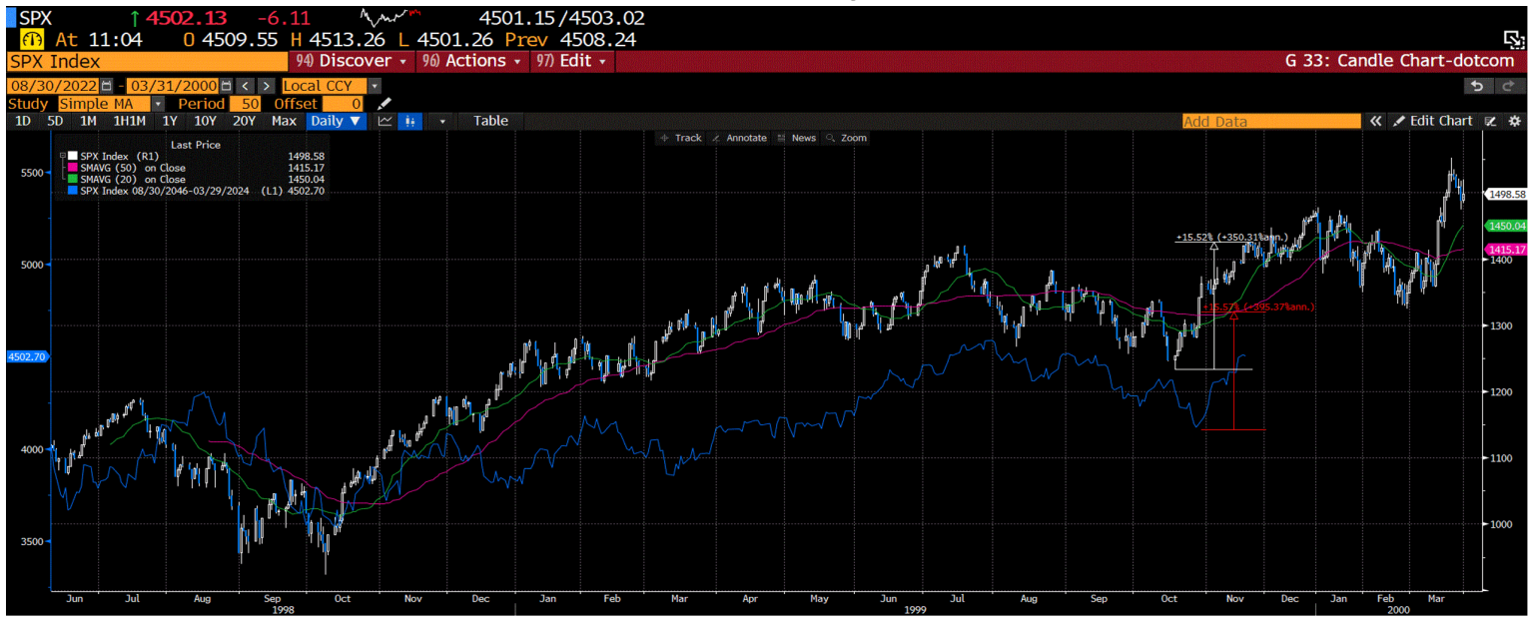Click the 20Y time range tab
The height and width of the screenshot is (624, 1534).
click(244, 121)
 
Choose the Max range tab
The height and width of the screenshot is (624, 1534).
click(284, 121)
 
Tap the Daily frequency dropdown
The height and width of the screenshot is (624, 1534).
click(336, 121)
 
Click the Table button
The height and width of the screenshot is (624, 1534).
click(490, 121)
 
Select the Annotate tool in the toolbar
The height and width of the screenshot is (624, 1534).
click(740, 138)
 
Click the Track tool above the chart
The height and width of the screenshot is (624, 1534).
click(681, 138)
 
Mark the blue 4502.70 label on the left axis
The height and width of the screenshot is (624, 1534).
click(24, 354)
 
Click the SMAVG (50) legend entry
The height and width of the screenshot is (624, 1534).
click(132, 168)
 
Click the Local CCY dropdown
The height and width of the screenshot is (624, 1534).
click(330, 86)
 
